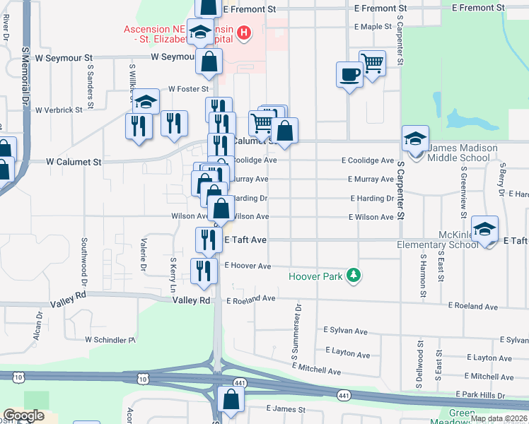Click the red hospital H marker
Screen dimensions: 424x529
tap(244, 33)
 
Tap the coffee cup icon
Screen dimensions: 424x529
tap(349, 73)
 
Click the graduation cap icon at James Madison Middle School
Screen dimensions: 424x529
tap(415, 138)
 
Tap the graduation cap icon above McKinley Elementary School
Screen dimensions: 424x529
tap(484, 229)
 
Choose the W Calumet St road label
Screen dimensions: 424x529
tap(74, 162)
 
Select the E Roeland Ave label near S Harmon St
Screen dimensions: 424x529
tap(478, 306)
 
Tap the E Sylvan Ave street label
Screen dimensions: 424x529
tap(346, 331)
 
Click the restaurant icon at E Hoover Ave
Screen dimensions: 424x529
tap(204, 271)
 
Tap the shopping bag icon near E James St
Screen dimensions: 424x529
tap(231, 399)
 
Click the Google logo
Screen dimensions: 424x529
tap(23, 416)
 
